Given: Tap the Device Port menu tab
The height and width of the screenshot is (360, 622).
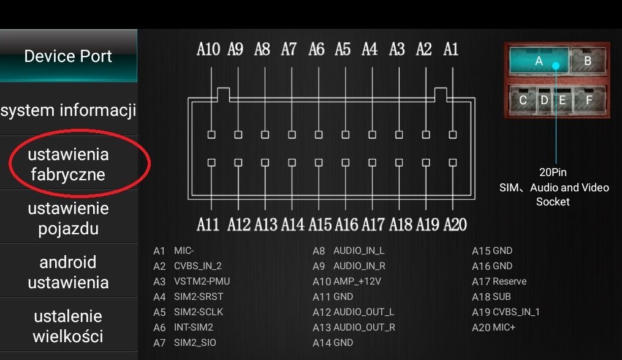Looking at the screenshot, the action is (68, 56).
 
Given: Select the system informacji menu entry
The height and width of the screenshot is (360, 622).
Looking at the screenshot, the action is (68, 110).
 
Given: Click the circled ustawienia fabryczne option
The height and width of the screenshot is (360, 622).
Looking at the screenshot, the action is (68, 164).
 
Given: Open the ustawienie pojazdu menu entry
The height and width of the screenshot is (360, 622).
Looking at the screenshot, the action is (68, 218).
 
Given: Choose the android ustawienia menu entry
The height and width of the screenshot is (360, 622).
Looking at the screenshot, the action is (68, 272).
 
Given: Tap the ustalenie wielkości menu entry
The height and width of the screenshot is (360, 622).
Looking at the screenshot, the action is (68, 326).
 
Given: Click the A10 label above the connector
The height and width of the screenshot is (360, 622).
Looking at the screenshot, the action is (208, 49).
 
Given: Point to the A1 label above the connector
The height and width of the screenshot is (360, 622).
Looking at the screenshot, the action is (451, 49).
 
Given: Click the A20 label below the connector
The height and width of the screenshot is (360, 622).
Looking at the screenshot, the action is (455, 224).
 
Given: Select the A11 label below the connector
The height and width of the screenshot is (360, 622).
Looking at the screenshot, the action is (208, 224).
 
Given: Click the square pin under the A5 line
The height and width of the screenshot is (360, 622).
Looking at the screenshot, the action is (346, 134).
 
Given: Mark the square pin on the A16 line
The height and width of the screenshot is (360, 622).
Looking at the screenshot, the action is (346, 163).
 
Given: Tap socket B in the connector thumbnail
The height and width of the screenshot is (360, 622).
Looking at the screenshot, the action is (588, 60).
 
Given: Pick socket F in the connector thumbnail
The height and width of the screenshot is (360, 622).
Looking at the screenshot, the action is (590, 99).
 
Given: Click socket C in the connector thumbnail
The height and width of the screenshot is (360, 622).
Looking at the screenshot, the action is (523, 99).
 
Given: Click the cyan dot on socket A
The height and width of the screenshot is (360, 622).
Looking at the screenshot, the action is (556, 66).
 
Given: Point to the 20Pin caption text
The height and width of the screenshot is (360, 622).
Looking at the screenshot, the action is (553, 172).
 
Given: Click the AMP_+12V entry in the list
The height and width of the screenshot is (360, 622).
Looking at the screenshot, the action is (347, 281).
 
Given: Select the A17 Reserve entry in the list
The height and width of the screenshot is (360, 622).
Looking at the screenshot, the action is (499, 281).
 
